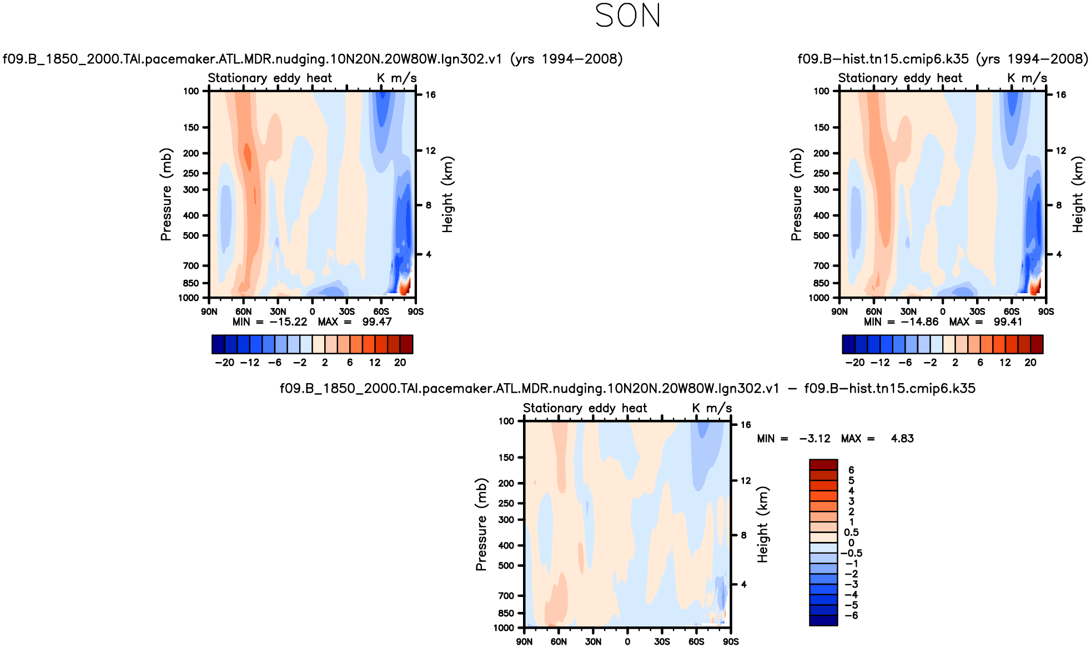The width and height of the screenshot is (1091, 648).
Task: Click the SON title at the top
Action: (627, 16)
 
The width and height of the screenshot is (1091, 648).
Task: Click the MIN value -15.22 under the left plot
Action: (288, 322)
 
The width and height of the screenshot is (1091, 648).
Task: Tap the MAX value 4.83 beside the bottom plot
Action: (902, 439)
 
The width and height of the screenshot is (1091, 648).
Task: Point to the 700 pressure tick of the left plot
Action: (191, 266)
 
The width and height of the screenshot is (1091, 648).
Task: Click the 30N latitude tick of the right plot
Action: (908, 312)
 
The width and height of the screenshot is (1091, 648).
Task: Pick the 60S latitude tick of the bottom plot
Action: (696, 641)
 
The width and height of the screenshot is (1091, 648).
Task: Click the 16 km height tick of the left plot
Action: (430, 95)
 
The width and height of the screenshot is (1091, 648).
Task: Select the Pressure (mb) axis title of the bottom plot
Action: (481, 524)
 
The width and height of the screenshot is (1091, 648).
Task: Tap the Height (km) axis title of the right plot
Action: (1078, 194)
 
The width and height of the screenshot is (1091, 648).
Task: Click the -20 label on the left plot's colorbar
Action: (224, 363)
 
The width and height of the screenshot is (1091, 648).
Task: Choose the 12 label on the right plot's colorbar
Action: (1005, 363)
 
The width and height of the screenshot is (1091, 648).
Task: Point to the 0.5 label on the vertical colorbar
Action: (851, 533)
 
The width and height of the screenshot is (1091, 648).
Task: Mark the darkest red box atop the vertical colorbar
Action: (823, 465)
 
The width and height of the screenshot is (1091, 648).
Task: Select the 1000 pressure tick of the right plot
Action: (819, 298)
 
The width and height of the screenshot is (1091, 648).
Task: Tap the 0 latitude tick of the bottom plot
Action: (627, 641)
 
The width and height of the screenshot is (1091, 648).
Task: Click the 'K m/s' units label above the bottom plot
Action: (712, 409)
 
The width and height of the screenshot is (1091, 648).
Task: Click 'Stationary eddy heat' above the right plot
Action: (900, 78)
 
